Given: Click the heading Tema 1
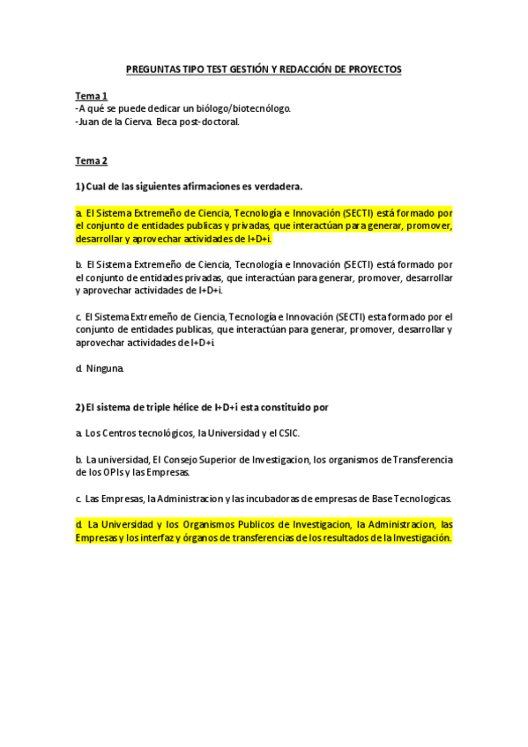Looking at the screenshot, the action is (91, 96).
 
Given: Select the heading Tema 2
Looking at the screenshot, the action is (91, 160).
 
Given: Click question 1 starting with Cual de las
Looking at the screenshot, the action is (189, 187).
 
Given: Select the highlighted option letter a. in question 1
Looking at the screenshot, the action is (79, 213).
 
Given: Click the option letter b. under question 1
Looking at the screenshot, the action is (79, 264).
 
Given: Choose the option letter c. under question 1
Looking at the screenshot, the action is (79, 316).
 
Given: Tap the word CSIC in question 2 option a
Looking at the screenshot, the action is (297, 433).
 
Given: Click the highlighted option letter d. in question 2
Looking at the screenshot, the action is (79, 524).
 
